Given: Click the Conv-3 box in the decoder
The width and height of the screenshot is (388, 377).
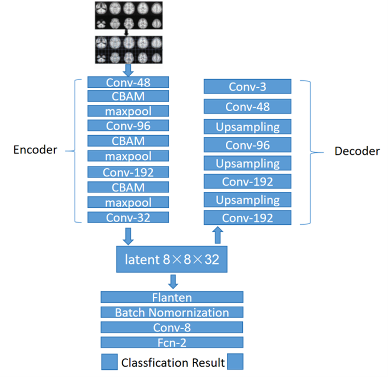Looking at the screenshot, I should click(x=247, y=87).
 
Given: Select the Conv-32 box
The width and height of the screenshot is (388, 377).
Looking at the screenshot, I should click(x=128, y=217).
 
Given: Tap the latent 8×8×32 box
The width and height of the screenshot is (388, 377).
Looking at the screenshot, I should click(x=172, y=259).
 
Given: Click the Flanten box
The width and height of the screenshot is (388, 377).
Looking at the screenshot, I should click(x=172, y=297).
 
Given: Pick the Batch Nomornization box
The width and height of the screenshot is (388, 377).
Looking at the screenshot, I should click(x=172, y=312).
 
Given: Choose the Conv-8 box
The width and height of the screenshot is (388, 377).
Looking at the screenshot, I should click(x=172, y=328).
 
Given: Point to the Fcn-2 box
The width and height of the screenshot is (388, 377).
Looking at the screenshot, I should click(x=172, y=342).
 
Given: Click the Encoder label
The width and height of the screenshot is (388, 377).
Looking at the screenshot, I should click(x=35, y=149).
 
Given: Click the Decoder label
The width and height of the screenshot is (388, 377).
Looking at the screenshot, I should click(x=357, y=151).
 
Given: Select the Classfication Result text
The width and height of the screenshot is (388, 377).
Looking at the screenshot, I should click(x=173, y=362).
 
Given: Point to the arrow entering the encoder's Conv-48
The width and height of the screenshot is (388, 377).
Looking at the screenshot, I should click(x=128, y=70).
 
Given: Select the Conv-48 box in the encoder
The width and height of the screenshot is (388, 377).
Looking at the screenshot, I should click(x=128, y=82).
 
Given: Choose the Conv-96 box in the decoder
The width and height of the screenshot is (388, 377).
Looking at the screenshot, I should click(x=247, y=145).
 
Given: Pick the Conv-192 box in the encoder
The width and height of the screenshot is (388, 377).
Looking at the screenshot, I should click(x=128, y=172).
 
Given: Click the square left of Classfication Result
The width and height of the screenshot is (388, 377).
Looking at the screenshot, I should click(x=109, y=362).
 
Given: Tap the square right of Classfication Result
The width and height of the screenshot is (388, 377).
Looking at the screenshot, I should click(x=235, y=362).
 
